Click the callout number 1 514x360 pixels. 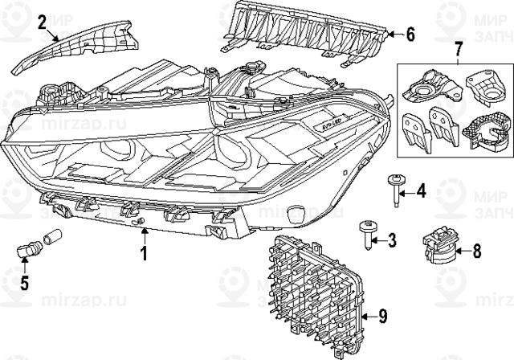coord(144,256)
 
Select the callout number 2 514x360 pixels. coord(41,22)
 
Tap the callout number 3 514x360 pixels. coord(391,239)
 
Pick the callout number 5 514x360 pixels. coord(25,282)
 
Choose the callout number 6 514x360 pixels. coord(410,35)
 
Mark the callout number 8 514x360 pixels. coord(476,251)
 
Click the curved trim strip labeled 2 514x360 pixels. coord(88,43)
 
